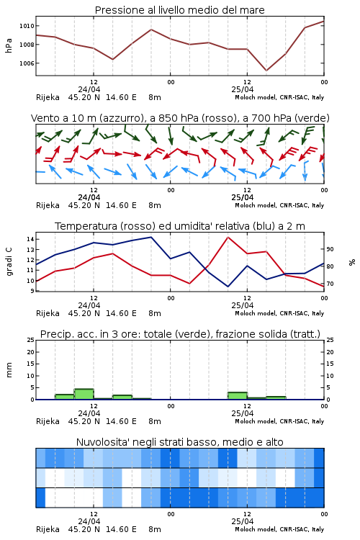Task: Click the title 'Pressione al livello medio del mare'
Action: click(179, 10)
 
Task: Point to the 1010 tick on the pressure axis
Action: click(27, 26)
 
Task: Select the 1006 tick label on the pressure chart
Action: click(27, 63)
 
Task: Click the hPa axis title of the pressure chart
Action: click(9, 45)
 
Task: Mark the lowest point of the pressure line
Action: click(266, 71)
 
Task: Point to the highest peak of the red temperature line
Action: click(228, 237)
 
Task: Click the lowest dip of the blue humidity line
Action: click(228, 286)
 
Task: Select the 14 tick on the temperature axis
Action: click(30, 239)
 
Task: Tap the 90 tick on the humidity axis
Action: click(330, 249)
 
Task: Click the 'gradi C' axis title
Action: click(9, 261)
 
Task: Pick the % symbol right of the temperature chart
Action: click(352, 262)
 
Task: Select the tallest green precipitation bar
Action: click(84, 394)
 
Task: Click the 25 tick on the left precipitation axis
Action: click(30, 340)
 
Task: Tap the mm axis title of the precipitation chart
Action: click(9, 369)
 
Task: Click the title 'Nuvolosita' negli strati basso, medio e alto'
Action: click(179, 442)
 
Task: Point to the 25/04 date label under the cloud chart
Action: click(243, 521)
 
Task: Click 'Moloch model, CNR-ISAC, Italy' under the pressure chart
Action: click(279, 97)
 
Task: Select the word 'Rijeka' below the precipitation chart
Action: click(48, 421)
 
